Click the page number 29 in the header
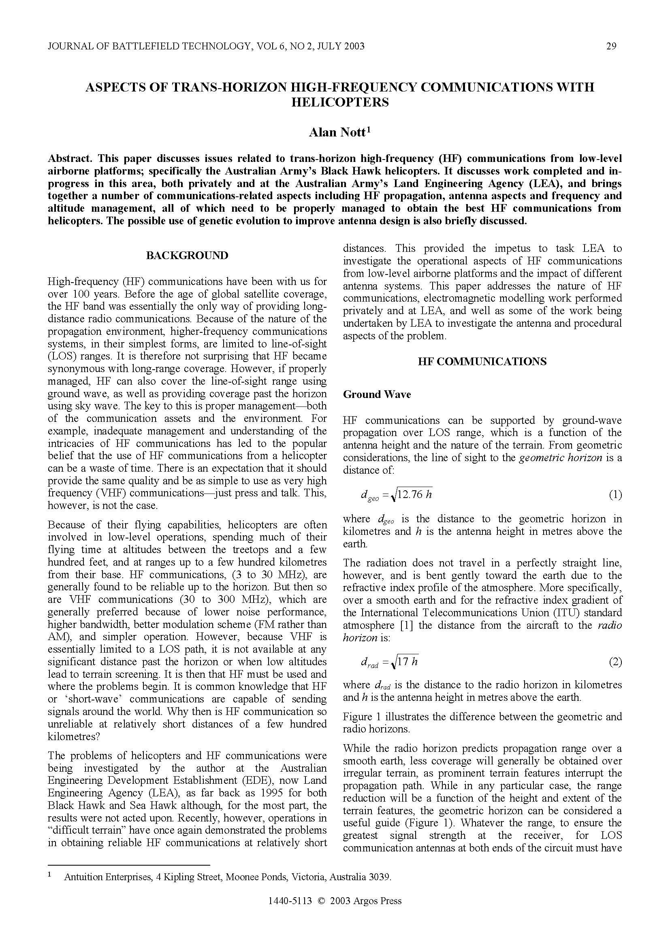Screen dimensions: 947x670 click(x=611, y=46)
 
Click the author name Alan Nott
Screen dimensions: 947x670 click(x=337, y=132)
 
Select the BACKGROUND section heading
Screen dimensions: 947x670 click(x=187, y=255)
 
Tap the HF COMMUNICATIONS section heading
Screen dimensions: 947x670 click(x=482, y=362)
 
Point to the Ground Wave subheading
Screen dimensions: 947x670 click(x=377, y=394)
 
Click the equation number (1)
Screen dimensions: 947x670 click(x=615, y=494)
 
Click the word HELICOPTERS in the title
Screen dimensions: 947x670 click(x=340, y=102)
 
